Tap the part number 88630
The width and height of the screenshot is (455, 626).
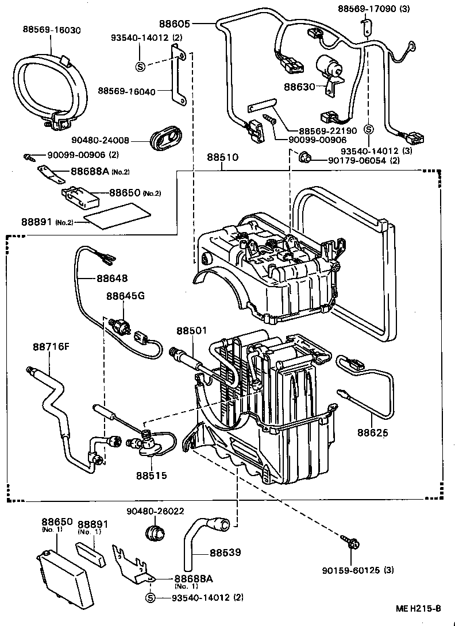[x=299, y=87]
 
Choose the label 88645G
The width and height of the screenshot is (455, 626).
[x=125, y=296]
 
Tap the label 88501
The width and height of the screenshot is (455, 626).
[x=191, y=331]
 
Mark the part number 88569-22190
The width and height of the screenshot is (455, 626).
[x=319, y=130]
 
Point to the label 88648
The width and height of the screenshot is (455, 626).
[x=111, y=279]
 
